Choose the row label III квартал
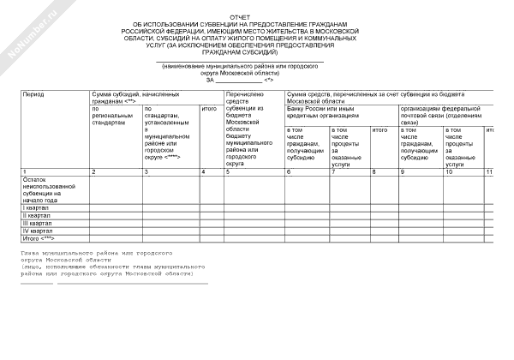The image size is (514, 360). click(27, 222)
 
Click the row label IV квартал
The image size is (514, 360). click(27, 230)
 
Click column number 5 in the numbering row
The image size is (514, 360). click(227, 173)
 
